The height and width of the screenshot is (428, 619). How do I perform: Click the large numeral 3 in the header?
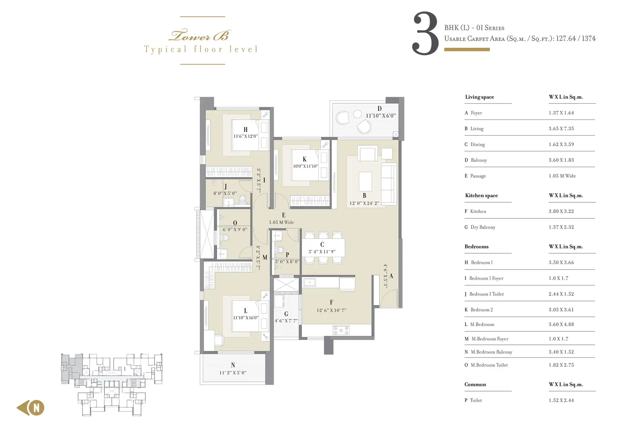tap(426, 33)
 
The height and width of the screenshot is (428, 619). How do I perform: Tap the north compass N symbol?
tap(37, 408)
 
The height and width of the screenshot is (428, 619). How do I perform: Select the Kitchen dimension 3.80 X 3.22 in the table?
tap(561, 211)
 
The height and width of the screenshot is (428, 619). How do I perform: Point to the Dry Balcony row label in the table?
tap(483, 227)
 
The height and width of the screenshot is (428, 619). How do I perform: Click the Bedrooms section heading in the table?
tap(476, 247)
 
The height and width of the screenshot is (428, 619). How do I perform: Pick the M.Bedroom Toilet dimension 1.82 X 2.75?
tap(561, 365)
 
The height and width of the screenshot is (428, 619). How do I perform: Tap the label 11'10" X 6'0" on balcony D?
tap(381, 116)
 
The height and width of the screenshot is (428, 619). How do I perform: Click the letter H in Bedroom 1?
tap(245, 130)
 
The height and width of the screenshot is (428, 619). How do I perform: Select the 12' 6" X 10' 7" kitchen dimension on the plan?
tap(331, 310)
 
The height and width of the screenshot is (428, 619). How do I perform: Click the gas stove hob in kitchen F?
tap(341, 330)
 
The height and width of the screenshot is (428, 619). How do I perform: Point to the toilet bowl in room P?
tap(279, 250)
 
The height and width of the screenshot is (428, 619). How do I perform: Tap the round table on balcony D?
tap(357, 114)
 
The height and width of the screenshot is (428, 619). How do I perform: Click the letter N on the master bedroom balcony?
tap(233, 365)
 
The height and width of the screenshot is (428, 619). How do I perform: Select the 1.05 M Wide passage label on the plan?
tap(281, 222)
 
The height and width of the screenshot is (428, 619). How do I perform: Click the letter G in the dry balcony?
tap(286, 314)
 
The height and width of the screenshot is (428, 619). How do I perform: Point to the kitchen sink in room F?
tap(309, 282)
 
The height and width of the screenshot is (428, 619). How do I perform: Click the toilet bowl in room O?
tap(224, 238)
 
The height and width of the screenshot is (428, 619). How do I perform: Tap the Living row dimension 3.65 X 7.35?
tap(561, 129)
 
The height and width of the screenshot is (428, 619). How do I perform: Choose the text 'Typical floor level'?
tap(201, 50)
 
